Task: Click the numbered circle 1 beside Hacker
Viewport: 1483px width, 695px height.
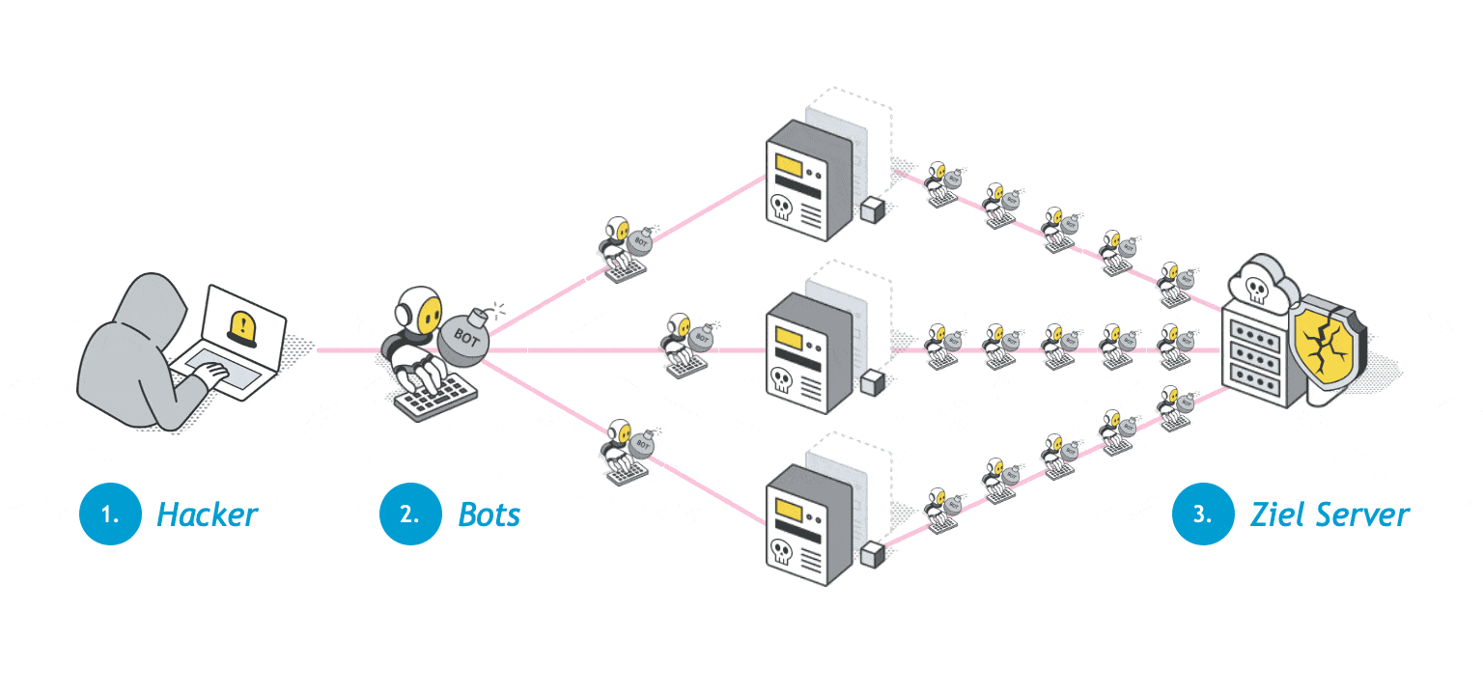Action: pyautogui.click(x=110, y=514)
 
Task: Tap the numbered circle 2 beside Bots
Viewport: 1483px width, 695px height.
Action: pyautogui.click(x=410, y=514)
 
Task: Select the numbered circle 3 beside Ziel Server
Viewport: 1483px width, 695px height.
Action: pyautogui.click(x=1202, y=514)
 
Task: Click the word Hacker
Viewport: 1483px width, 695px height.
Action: pyautogui.click(x=207, y=514)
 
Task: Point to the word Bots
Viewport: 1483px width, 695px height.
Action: pyautogui.click(x=489, y=514)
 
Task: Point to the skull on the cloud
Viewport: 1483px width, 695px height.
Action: pyautogui.click(x=1256, y=287)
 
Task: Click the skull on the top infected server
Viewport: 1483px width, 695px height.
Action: pyautogui.click(x=781, y=207)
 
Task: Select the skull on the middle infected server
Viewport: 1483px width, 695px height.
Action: pyautogui.click(x=781, y=379)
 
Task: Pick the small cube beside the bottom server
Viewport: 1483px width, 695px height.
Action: pyautogui.click(x=873, y=555)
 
